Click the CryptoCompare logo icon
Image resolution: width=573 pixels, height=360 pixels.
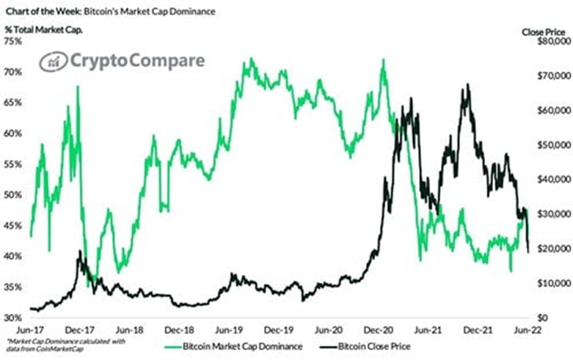pyautogui.click(x=53, y=62)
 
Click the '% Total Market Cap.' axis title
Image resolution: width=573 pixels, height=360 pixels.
pyautogui.click(x=44, y=29)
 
